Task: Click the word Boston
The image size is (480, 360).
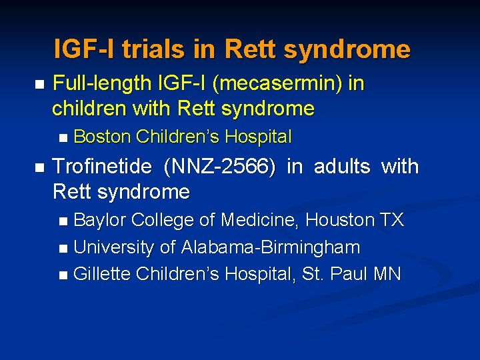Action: click(102, 137)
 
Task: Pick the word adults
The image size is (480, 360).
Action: click(342, 167)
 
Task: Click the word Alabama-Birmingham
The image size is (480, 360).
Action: click(269, 247)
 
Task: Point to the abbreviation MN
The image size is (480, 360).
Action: click(388, 274)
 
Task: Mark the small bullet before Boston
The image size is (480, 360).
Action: click(63, 138)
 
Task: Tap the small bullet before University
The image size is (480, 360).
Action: click(63, 249)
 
